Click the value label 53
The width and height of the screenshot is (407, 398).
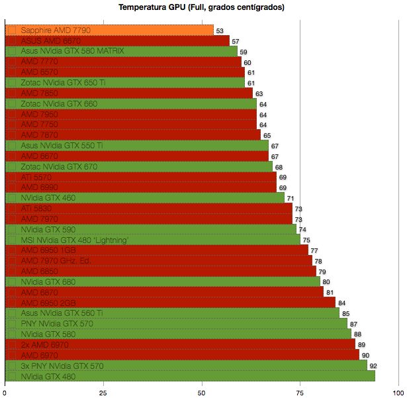[x=220, y=30]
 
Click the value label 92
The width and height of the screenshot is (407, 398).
[x=373, y=366]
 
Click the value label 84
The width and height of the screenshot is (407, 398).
[x=341, y=303]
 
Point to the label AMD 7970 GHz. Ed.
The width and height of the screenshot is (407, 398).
[x=56, y=261]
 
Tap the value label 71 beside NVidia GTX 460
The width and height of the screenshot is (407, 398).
[x=290, y=198]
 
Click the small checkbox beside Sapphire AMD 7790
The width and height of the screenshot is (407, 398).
[x=11, y=30]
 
